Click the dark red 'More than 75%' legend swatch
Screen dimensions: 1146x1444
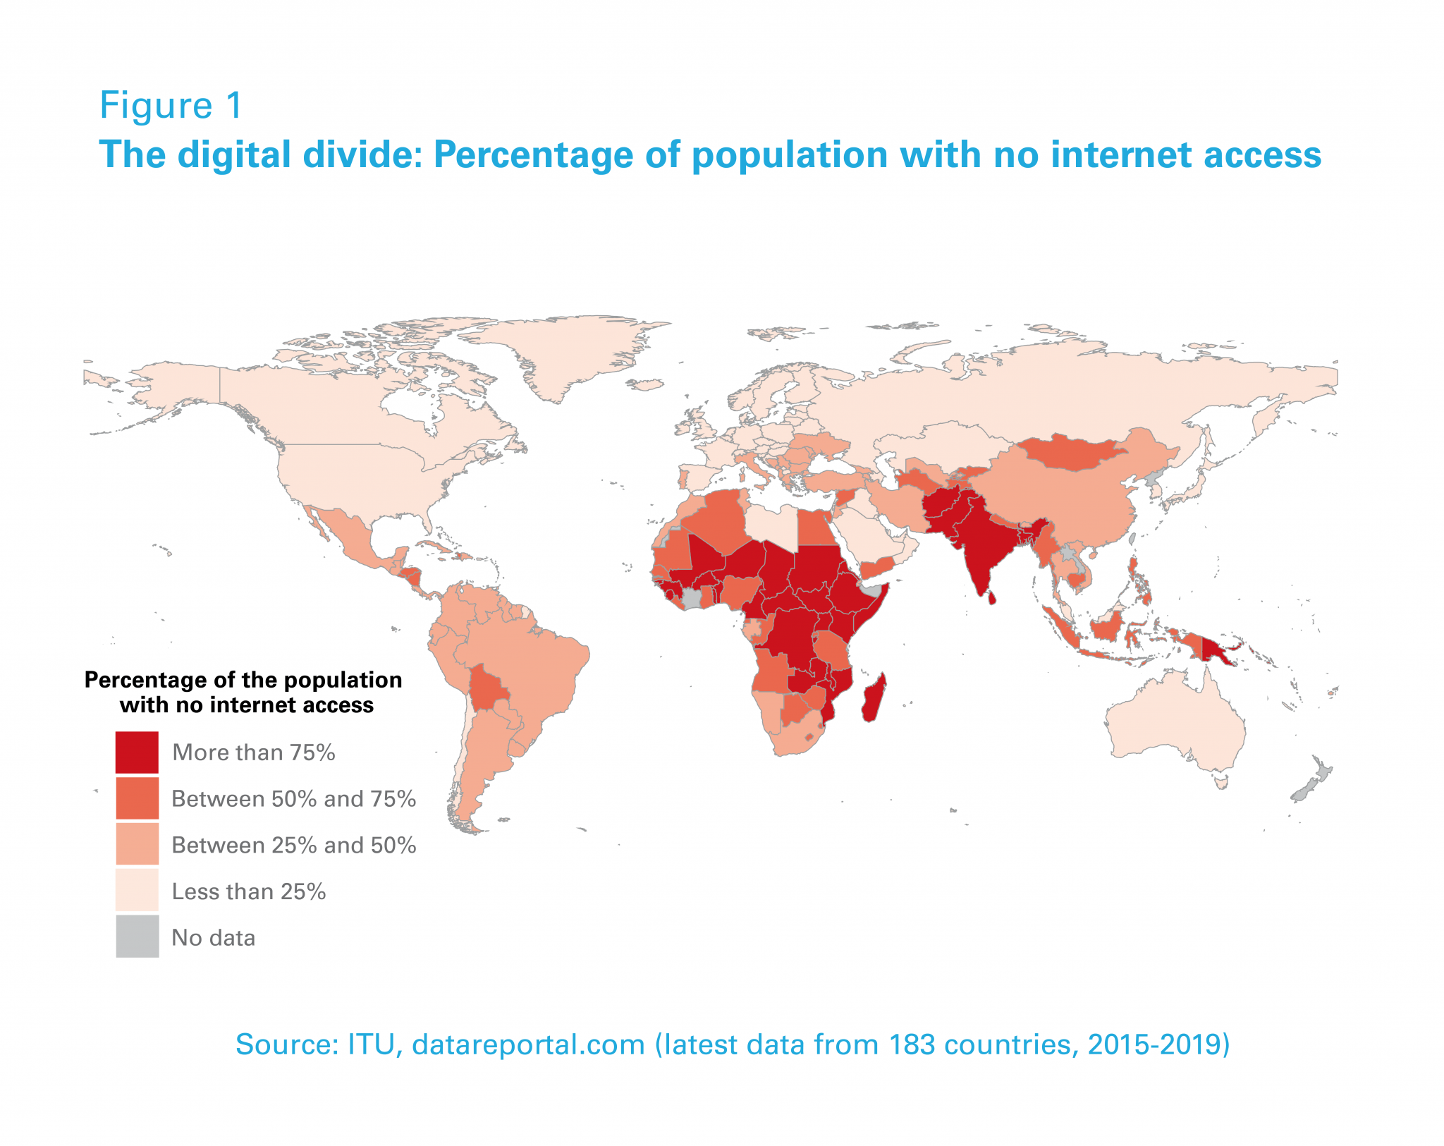click(137, 752)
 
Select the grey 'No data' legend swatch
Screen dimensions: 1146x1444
click(137, 937)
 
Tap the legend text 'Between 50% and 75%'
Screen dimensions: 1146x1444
click(293, 799)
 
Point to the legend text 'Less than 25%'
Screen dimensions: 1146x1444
click(248, 891)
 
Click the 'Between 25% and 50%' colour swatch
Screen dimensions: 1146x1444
click(137, 844)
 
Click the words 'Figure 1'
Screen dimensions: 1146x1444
click(171, 106)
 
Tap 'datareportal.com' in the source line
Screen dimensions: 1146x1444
click(528, 1044)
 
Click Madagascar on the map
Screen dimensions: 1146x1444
click(874, 698)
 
